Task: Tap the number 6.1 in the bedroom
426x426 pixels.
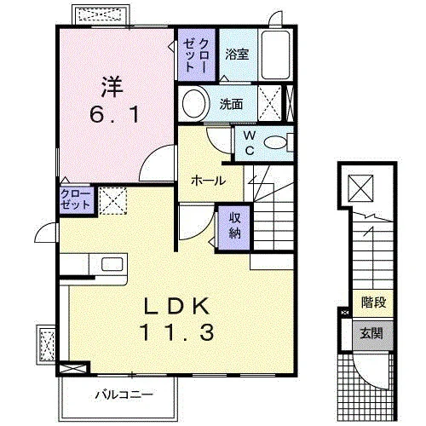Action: click(x=114, y=114)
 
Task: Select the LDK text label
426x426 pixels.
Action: click(x=177, y=306)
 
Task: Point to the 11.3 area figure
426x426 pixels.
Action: click(x=176, y=332)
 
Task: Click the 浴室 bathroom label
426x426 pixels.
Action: click(x=237, y=54)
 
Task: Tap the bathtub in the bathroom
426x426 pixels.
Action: click(x=275, y=55)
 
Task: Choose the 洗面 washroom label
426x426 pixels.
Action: click(x=231, y=104)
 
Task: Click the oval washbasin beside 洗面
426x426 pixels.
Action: click(x=193, y=104)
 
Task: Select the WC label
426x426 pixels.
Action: click(x=250, y=143)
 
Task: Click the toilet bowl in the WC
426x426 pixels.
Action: click(x=275, y=142)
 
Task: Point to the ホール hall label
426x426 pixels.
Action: click(x=208, y=181)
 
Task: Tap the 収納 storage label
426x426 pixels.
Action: click(x=234, y=226)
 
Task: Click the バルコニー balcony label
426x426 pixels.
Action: click(x=124, y=394)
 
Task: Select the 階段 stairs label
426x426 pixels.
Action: click(x=373, y=302)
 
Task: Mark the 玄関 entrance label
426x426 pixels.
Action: click(x=371, y=333)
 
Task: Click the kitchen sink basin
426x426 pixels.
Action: click(x=112, y=264)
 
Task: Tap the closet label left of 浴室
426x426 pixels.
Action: click(x=196, y=55)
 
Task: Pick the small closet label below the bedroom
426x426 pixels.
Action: click(x=75, y=199)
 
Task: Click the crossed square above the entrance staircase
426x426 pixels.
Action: click(x=360, y=188)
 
